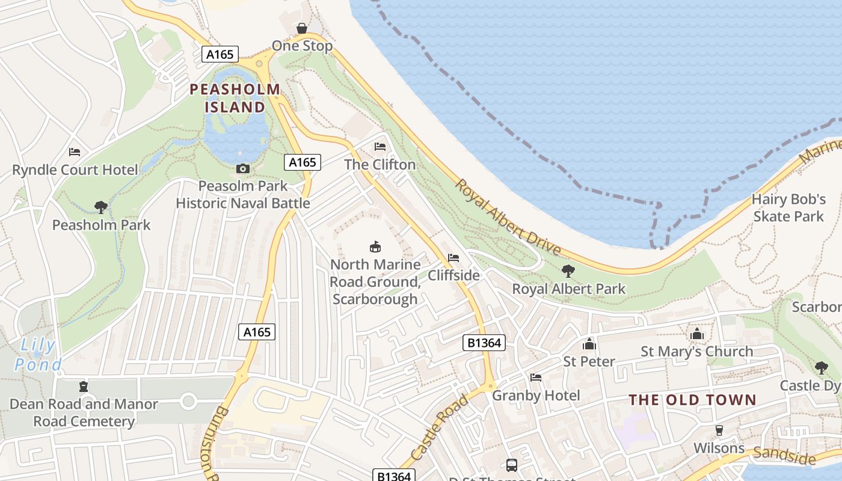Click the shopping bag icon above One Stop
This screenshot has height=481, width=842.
[302, 28]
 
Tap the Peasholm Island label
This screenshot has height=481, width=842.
[235, 99]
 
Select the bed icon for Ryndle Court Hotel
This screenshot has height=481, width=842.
[75, 152]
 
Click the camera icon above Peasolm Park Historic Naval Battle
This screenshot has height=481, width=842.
[243, 168]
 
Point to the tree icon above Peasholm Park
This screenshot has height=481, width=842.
[101, 207]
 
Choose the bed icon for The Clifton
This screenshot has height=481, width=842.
[380, 147]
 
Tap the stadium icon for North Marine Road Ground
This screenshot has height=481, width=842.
[375, 247]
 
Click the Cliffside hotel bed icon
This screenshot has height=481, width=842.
[453, 258]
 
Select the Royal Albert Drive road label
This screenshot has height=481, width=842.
[508, 217]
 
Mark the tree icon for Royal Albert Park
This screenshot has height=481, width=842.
[568, 271]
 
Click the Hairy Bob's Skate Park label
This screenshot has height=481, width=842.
[788, 207]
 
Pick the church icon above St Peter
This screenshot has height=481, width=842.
[589, 344]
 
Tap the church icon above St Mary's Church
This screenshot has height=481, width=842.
[696, 334]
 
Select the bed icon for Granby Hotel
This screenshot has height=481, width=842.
[536, 378]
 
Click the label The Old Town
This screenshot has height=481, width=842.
[692, 400]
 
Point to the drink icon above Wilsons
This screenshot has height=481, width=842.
[719, 430]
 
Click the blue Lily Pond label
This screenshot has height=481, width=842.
[38, 355]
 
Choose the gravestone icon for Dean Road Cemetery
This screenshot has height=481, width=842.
[84, 387]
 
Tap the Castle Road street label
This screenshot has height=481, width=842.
[440, 427]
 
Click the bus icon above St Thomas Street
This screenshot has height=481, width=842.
[511, 465]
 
